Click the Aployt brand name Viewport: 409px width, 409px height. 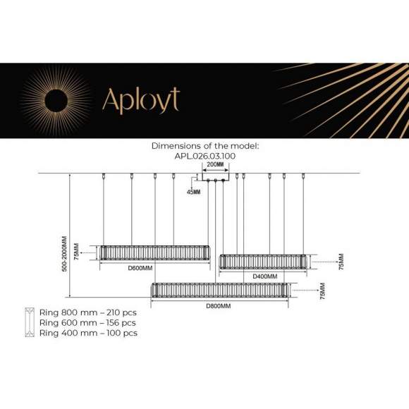(x=141, y=100)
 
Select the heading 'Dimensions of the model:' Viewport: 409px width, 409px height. (x=205, y=146)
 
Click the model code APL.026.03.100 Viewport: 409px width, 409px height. (x=205, y=156)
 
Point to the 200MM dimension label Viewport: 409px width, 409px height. (x=214, y=165)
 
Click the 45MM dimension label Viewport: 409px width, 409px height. (x=193, y=192)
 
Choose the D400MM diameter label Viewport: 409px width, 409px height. (x=264, y=276)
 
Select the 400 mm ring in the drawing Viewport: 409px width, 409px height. (x=263, y=262)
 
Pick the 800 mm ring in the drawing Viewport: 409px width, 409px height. (x=219, y=290)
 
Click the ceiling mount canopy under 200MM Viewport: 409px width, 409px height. (x=214, y=181)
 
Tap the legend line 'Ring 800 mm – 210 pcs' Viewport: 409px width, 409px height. (x=88, y=312)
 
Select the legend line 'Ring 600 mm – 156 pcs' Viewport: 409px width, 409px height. (x=88, y=322)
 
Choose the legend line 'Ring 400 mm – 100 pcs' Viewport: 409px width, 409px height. (x=88, y=333)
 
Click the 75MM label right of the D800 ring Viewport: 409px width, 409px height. (x=322, y=291)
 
